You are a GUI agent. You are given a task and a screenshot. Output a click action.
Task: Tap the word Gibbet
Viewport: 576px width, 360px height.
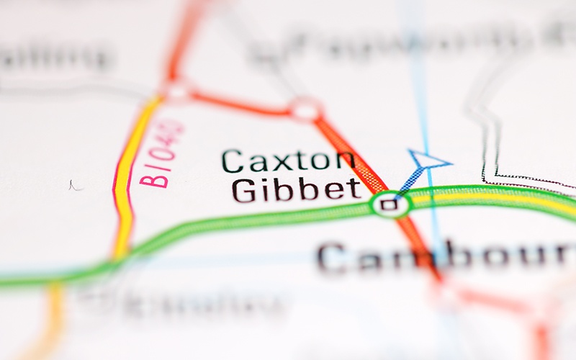click(x=296, y=189)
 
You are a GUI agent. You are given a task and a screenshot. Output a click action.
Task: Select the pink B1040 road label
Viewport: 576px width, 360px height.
click(x=162, y=155)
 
